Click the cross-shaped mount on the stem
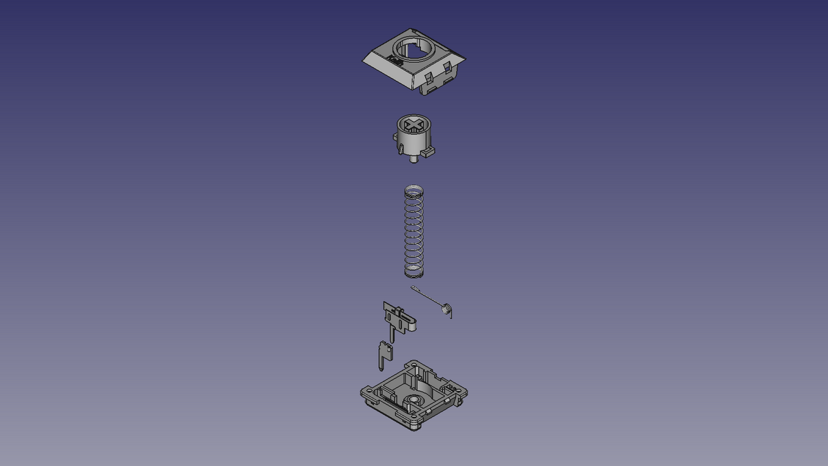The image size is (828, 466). pos(413,126)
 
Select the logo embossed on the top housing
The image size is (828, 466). pos(394,62)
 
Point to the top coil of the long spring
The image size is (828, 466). pos(413,190)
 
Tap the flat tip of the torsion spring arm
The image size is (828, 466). pos(414,288)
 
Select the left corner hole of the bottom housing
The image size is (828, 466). pos(365,391)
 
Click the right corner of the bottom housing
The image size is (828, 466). pos(464,392)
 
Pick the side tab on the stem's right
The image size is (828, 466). pos(428,149)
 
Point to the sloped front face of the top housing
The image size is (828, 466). pos(386,69)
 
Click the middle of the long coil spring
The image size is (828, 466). pos(413,231)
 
